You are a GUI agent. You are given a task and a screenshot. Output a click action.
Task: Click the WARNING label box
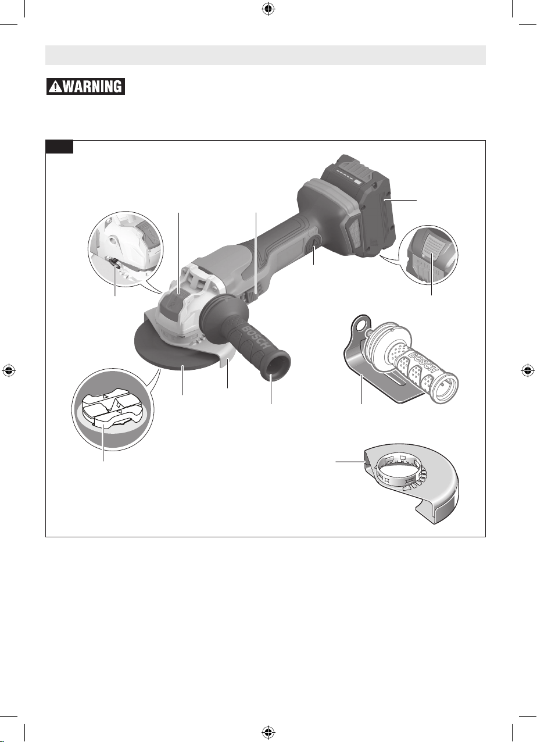(x=85, y=87)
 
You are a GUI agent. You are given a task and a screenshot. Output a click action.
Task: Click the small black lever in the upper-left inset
(x=114, y=262)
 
